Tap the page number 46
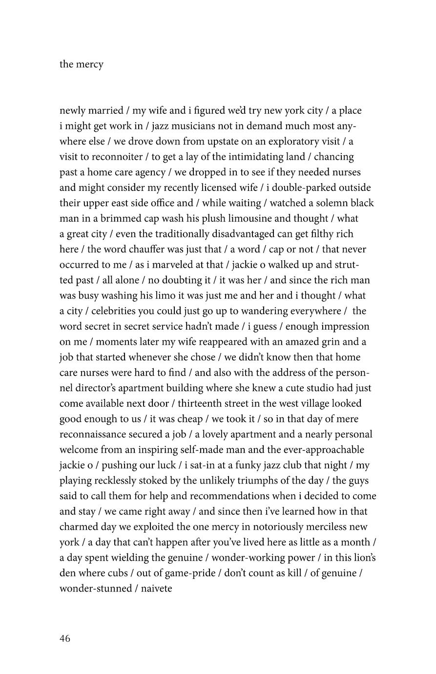point(65,638)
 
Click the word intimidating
point(249,157)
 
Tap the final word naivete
point(157,589)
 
